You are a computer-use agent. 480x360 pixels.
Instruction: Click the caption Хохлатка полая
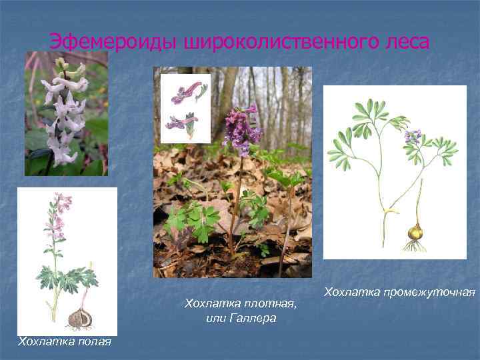tap(64, 342)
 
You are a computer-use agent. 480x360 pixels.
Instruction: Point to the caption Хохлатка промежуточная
tap(399, 292)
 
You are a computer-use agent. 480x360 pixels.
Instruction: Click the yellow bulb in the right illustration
tap(415, 233)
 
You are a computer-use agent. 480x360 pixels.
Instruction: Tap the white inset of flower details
tap(185, 108)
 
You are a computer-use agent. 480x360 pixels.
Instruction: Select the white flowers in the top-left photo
tap(64, 110)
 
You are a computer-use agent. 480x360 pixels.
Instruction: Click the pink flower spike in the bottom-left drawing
tap(59, 213)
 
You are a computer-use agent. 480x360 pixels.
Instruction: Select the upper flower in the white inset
tap(187, 92)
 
